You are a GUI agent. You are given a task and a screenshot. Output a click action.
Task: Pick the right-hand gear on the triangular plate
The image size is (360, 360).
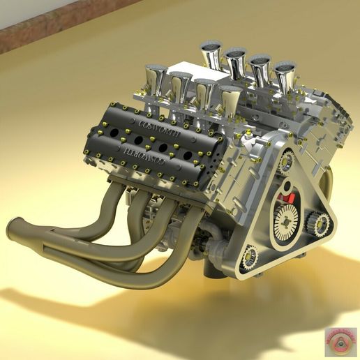click(320, 224)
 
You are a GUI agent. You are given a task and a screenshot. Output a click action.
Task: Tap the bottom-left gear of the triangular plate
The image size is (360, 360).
click(250, 258)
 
